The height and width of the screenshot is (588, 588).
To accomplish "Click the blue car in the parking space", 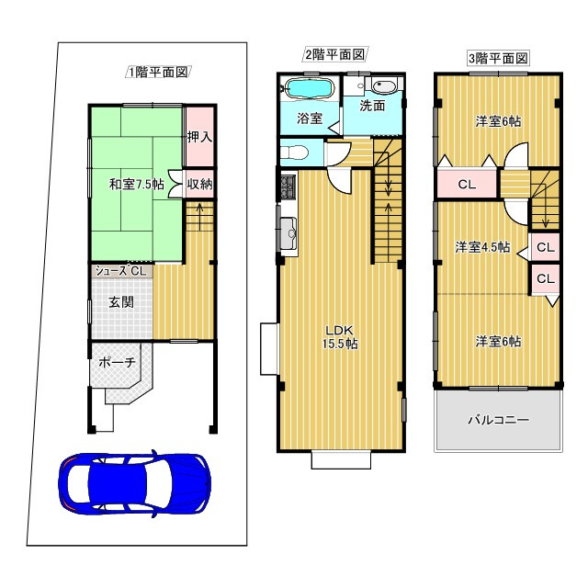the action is point(134,483).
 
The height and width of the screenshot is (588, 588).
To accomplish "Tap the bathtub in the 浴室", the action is point(310,89).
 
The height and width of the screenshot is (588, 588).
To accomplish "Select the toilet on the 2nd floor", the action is point(295,153).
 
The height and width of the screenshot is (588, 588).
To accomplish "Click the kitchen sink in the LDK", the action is point(288,234).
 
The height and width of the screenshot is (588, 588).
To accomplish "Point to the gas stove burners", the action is point(288,187).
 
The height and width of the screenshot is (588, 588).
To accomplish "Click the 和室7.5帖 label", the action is point(137,185).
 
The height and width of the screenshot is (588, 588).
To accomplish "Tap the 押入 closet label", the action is point(200,137).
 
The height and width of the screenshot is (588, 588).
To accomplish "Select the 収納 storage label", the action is point(200,184).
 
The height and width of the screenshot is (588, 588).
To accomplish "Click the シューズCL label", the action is point(120,271).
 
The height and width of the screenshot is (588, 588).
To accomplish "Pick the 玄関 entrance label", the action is point(121,302).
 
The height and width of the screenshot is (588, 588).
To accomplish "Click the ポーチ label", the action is point(117,363).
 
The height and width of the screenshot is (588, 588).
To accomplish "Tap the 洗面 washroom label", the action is point(372,106).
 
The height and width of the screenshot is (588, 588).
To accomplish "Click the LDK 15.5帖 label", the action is point(340,337).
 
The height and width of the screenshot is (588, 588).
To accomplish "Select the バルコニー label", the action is point(498,420).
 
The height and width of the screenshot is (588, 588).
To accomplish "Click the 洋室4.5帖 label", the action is point(482,247).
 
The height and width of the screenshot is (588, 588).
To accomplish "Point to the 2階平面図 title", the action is point(334,55).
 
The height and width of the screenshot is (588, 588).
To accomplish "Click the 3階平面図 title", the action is point(498,58).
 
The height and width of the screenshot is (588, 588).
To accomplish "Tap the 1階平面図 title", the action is point(158,72).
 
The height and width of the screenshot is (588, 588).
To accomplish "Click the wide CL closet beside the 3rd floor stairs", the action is point(468,184).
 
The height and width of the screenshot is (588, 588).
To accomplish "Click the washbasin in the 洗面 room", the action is point(384,87).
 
